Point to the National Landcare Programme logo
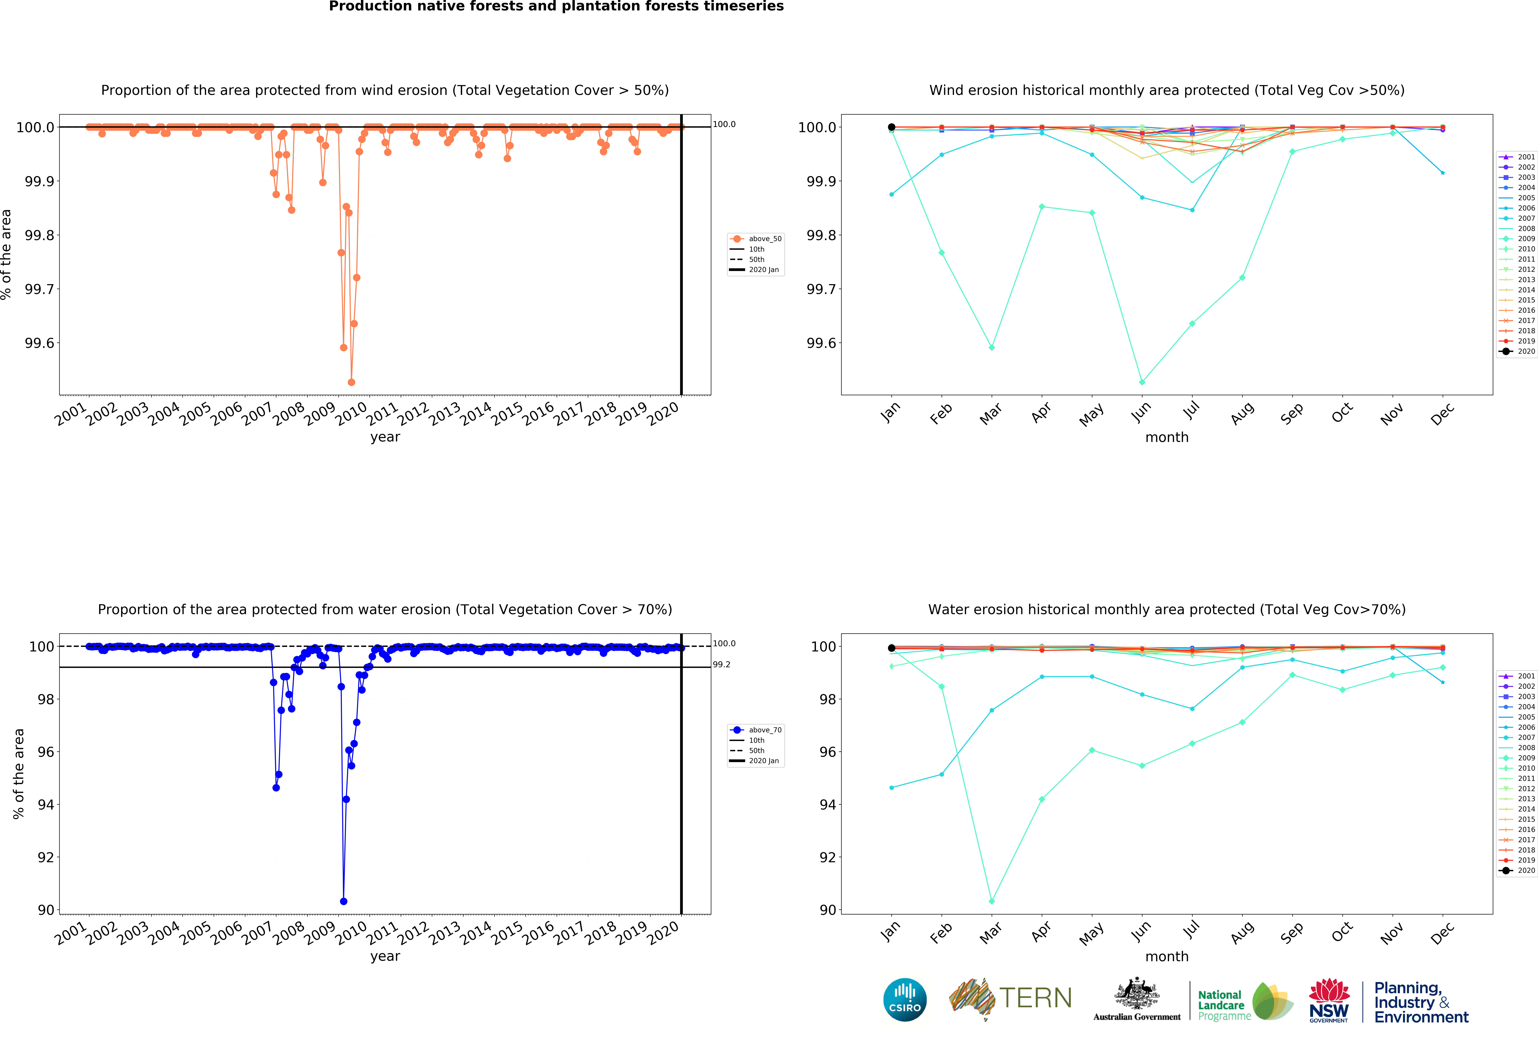tap(1244, 1001)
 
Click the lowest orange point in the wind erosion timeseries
tap(351, 382)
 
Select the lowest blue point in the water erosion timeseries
tap(343, 901)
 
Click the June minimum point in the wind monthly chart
tap(1142, 382)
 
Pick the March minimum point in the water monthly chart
tap(991, 901)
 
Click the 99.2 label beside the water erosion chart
tap(721, 665)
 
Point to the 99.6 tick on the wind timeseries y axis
tap(40, 343)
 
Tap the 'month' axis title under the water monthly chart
tap(1167, 957)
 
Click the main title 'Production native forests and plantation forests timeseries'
tap(556, 7)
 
